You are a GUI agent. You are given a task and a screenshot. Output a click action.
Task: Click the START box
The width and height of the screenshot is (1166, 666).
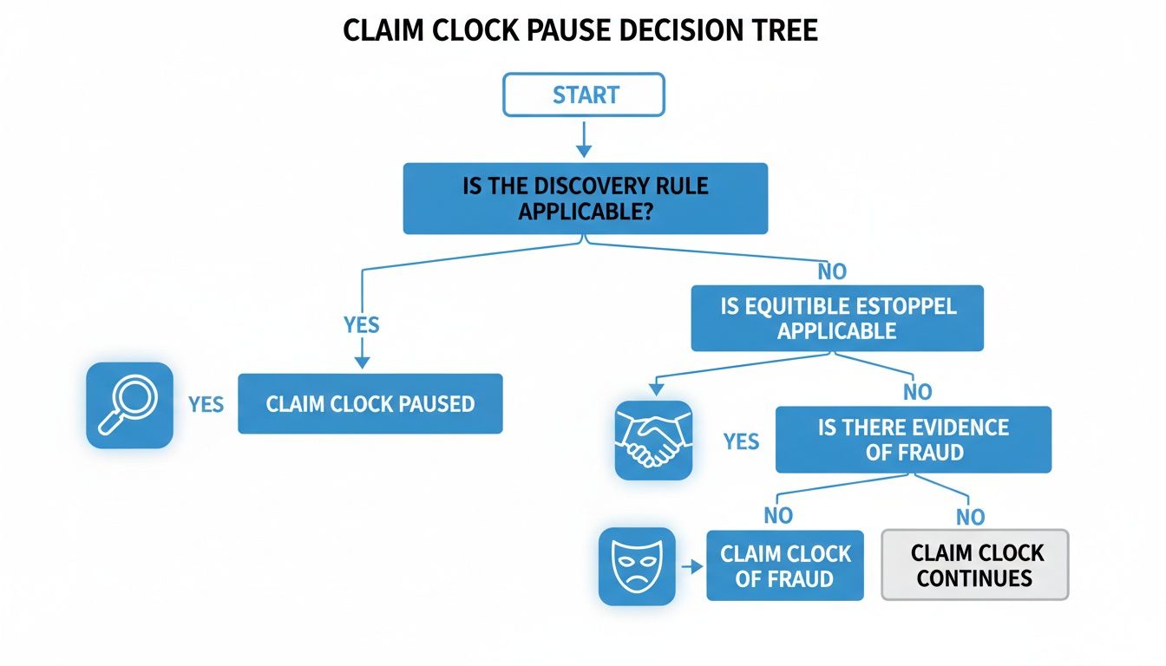584,95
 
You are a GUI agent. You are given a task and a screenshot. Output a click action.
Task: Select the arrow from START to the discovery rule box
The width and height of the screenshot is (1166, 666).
584,138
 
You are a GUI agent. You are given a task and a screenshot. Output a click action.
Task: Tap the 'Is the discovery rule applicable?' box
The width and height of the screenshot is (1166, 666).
586,198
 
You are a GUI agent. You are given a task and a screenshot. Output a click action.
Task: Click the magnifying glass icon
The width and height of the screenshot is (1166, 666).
129,405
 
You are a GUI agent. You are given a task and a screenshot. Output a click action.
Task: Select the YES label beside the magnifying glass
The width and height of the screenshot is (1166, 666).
206,405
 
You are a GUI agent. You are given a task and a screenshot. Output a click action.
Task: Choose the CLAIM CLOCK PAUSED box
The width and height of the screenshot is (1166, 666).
370,404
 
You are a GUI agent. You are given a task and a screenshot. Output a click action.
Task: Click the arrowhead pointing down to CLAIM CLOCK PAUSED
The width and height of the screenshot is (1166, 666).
362,362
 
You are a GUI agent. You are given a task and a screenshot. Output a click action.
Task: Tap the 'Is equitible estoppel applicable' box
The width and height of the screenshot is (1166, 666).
837,318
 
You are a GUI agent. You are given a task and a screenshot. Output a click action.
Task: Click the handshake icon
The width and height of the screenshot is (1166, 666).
653,441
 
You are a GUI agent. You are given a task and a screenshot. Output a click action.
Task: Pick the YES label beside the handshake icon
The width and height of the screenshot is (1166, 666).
741,441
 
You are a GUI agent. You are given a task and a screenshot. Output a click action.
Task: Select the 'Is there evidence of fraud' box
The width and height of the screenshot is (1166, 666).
913,440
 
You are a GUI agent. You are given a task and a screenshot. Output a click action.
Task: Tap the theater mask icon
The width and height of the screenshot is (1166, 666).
637,566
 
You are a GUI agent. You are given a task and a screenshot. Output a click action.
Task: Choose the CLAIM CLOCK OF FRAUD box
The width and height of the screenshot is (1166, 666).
785,565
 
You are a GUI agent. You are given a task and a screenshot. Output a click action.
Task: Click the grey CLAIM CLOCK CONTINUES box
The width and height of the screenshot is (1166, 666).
974,565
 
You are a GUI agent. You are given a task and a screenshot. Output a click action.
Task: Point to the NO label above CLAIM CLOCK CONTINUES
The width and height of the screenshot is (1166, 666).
970,518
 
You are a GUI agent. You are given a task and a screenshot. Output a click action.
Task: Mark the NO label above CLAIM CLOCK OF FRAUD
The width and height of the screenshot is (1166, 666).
778,516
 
